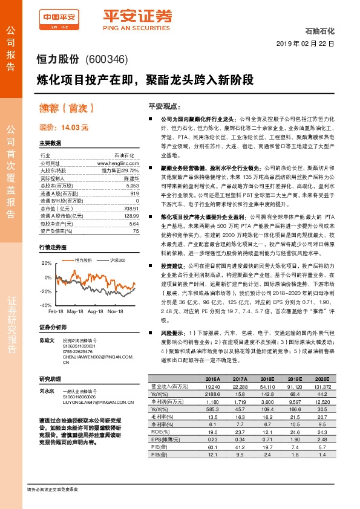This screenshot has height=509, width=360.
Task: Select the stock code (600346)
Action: coord(106,59)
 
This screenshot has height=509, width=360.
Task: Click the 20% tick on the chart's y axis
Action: coord(47,263)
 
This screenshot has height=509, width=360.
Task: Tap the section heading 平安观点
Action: coord(163,105)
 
